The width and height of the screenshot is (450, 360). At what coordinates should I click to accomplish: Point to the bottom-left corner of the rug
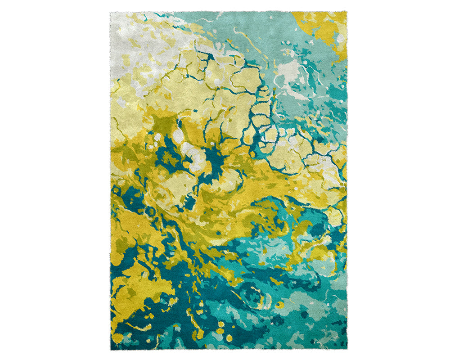(111, 349)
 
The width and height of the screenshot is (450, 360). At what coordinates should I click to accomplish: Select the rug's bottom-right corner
(347, 349)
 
